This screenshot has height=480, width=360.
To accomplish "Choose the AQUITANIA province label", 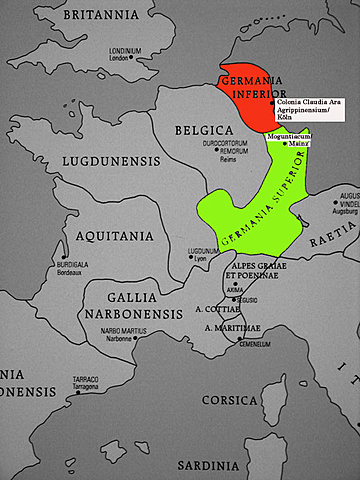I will [112, 236].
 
